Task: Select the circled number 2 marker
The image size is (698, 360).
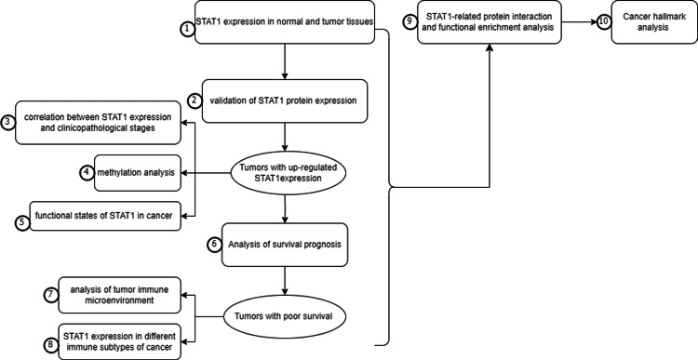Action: [195, 100]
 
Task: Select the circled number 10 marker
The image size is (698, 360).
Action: [605, 21]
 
